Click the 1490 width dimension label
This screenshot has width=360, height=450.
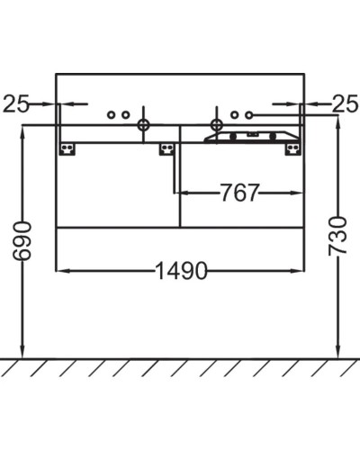click(x=181, y=270)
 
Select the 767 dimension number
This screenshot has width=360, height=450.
click(x=238, y=193)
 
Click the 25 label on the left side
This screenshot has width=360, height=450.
click(x=15, y=104)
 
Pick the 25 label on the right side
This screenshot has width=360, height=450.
click(x=345, y=104)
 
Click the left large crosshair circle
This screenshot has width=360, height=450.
click(x=142, y=124)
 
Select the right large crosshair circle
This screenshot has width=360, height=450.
click(x=216, y=124)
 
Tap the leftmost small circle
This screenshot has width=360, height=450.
click(x=111, y=114)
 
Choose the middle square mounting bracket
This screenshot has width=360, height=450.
click(x=166, y=148)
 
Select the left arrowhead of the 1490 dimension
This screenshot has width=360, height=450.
click(x=62, y=270)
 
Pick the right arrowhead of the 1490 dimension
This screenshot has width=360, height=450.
click(x=300, y=270)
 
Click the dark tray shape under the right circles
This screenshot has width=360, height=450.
click(x=248, y=137)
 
